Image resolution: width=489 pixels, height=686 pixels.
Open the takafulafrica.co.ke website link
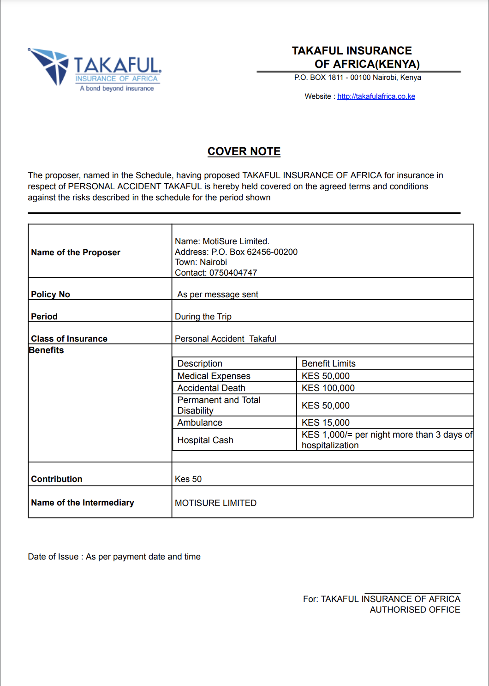pyautogui.click(x=376, y=96)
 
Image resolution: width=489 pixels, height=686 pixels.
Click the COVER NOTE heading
pyautogui.click(x=244, y=151)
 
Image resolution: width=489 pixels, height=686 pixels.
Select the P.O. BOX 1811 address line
pyautogui.click(x=358, y=78)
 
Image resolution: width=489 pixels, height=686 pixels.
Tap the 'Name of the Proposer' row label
pyautogui.click(x=76, y=253)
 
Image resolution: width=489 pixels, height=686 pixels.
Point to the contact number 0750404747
pyautogui.click(x=233, y=273)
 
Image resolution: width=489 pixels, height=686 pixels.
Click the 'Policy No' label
pyautogui.click(x=51, y=295)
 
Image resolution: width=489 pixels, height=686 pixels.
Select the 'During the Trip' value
pyautogui.click(x=203, y=317)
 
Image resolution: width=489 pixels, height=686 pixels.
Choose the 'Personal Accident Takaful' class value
pyautogui.click(x=226, y=339)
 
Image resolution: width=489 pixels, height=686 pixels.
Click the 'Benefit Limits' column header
pyautogui.click(x=328, y=364)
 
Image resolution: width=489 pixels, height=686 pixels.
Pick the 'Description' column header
pyautogui.click(x=200, y=364)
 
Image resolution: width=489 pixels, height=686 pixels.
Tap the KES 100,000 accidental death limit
pyautogui.click(x=328, y=388)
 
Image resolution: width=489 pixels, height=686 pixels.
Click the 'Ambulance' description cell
pyautogui.click(x=200, y=423)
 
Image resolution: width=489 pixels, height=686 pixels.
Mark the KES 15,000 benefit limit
pyautogui.click(x=326, y=423)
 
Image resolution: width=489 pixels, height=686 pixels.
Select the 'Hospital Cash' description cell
pyautogui.click(x=205, y=440)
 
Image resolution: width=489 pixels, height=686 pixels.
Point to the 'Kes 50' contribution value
pyautogui.click(x=188, y=479)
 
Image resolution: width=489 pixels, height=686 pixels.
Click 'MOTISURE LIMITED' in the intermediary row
pyautogui.click(x=215, y=503)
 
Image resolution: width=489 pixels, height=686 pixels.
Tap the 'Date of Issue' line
pyautogui.click(x=114, y=557)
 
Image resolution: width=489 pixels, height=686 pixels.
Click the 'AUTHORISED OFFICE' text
pyautogui.click(x=415, y=610)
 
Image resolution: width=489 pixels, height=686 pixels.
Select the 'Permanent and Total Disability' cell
pyautogui.click(x=219, y=405)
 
